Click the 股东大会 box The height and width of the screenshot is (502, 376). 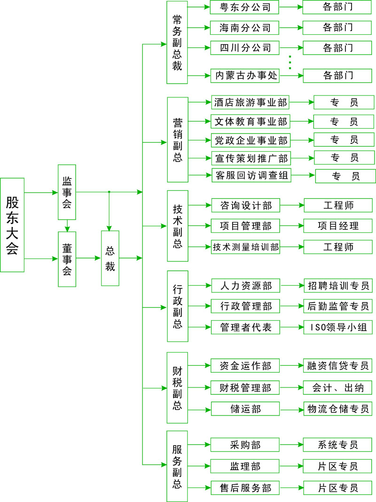pos(12,225)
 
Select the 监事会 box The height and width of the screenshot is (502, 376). pos(67,192)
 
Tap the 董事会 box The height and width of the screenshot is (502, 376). pos(67,259)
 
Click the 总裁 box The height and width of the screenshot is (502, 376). pos(110,259)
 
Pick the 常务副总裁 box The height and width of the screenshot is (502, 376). pos(177,43)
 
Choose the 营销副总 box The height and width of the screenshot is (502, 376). pos(177,140)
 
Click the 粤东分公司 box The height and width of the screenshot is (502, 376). pos(245,7)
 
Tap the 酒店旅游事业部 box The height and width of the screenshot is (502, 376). pos(250,102)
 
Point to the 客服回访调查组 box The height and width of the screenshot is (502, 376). pos(251,176)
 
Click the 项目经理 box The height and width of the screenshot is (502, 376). pos(338,226)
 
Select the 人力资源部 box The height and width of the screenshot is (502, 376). pos(245,285)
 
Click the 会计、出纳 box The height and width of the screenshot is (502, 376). pos(338,388)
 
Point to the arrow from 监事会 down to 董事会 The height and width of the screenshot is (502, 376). pos(67,226)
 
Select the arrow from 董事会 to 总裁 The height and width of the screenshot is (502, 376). pos(89,258)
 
